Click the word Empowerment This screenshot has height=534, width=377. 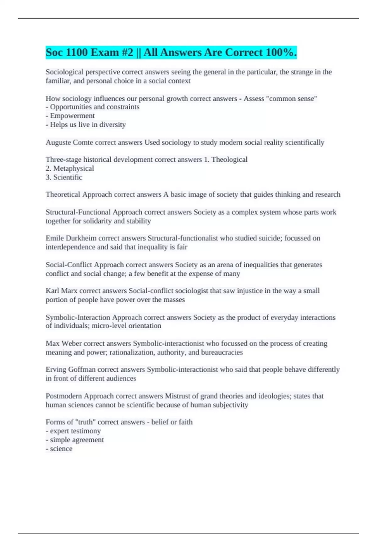[x=72, y=116]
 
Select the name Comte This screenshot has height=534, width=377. [x=83, y=142]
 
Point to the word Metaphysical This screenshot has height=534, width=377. [x=74, y=168]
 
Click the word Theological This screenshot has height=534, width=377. [x=229, y=160]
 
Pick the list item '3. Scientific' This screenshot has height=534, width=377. [x=64, y=177]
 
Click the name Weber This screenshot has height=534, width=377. [x=71, y=343]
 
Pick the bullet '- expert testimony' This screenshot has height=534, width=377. [x=73, y=431]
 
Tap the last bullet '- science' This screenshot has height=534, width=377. [x=59, y=449]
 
